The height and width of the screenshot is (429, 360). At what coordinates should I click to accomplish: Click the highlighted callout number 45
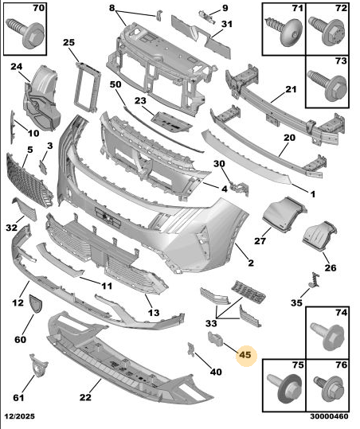pyautogui.click(x=245, y=355)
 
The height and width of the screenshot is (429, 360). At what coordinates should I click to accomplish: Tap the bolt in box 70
pyautogui.click(x=25, y=33)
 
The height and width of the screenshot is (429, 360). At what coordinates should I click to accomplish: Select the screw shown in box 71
pyautogui.click(x=284, y=32)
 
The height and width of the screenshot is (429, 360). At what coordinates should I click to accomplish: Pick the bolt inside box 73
pyautogui.click(x=327, y=85)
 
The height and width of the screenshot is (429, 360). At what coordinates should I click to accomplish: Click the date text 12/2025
pyautogui.click(x=19, y=416)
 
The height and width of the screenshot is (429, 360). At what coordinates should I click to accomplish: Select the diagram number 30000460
pyautogui.click(x=330, y=416)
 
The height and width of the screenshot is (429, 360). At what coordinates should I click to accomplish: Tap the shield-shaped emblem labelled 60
pyautogui.click(x=36, y=303)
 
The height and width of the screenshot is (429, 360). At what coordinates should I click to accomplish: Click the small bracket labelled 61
pyautogui.click(x=38, y=366)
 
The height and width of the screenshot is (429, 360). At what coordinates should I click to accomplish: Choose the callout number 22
pyautogui.click(x=85, y=397)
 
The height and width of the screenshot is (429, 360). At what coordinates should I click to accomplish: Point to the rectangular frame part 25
pyautogui.click(x=87, y=87)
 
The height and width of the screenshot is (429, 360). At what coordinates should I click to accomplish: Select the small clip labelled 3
pyautogui.click(x=43, y=167)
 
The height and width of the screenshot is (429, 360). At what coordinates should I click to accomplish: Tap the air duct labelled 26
pyautogui.click(x=319, y=236)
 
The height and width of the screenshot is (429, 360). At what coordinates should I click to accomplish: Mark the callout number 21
pyautogui.click(x=291, y=89)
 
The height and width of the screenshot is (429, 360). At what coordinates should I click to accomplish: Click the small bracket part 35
pyautogui.click(x=315, y=280)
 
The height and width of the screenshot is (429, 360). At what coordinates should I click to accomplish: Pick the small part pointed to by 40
pyautogui.click(x=191, y=349)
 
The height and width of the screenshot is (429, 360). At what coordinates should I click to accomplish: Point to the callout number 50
pyautogui.click(x=115, y=84)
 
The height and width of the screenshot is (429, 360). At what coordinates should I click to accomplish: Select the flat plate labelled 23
pyautogui.click(x=171, y=123)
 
